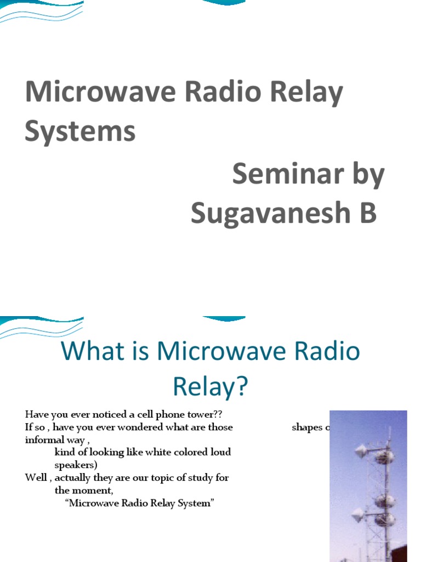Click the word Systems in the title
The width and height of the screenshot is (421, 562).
80,132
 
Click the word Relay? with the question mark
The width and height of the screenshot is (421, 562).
210,386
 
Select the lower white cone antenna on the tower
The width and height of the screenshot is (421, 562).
358,514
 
